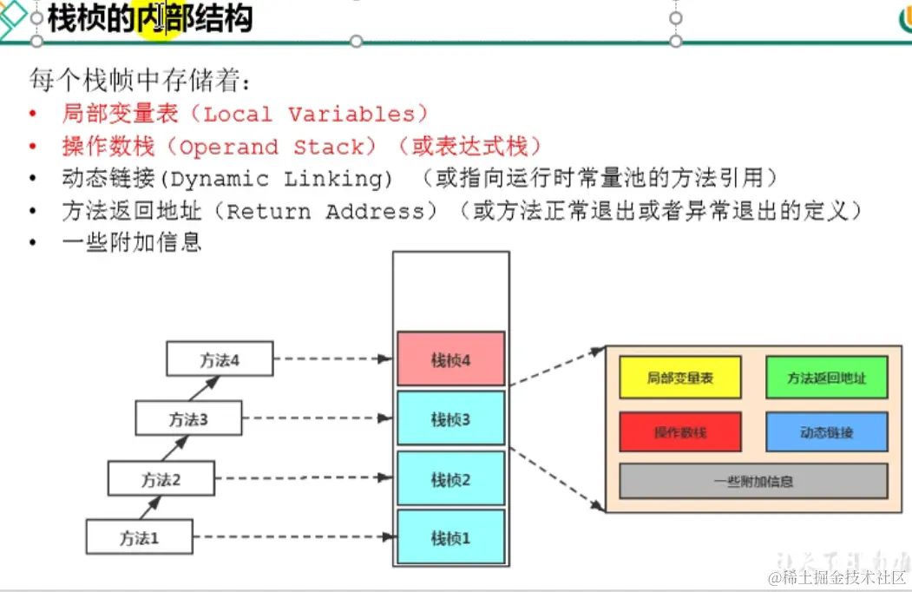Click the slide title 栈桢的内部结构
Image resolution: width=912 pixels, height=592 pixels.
tap(149, 18)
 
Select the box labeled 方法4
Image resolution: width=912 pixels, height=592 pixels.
tap(220, 359)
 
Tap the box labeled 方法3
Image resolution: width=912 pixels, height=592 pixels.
tap(188, 419)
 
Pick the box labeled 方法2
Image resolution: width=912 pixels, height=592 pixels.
tap(161, 478)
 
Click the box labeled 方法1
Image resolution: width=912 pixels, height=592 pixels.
tap(139, 537)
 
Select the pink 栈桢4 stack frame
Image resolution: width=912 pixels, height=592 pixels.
tap(450, 359)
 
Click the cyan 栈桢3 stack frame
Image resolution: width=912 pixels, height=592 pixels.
tap(450, 419)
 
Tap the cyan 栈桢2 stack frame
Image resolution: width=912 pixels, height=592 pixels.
tap(450, 479)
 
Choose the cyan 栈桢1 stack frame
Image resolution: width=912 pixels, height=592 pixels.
tap(450, 538)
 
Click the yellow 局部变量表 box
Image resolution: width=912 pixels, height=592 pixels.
tap(680, 378)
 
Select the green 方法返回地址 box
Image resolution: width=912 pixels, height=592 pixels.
tap(826, 378)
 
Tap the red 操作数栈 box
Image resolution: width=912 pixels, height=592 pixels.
tap(680, 431)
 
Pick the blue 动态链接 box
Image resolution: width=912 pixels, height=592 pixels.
tap(826, 431)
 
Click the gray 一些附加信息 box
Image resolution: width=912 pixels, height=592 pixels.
tap(753, 481)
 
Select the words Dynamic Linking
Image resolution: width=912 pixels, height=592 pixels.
tap(278, 179)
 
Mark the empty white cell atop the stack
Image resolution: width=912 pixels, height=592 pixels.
tap(450, 291)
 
